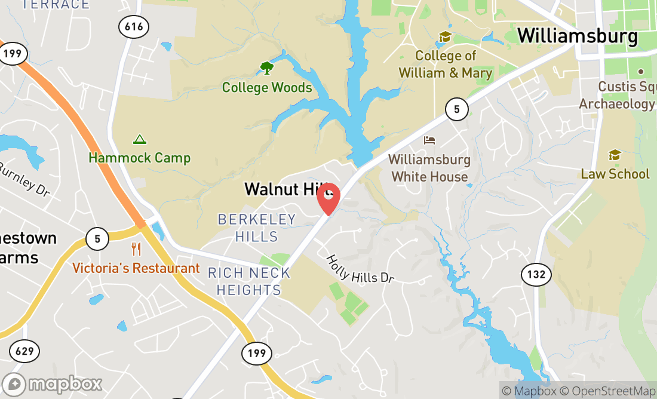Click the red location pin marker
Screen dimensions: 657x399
tap(328, 198)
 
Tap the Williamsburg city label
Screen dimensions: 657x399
tap(577, 36)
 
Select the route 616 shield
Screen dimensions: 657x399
tap(134, 26)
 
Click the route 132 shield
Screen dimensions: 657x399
tap(536, 275)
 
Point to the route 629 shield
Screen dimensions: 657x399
tap(24, 351)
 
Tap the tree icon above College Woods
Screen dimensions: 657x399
tap(266, 67)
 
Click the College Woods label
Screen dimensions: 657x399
tap(267, 88)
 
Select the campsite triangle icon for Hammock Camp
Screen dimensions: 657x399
tap(140, 140)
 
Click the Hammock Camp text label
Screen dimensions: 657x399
tap(140, 158)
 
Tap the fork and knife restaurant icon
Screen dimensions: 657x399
tap(137, 249)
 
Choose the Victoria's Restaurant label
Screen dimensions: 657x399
tap(136, 268)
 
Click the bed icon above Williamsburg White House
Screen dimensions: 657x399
tap(429, 141)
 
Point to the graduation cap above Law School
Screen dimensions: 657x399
tap(615, 155)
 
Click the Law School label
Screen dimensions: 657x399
tap(615, 174)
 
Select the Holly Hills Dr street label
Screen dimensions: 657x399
tap(360, 269)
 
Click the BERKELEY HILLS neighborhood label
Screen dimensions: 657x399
tap(257, 228)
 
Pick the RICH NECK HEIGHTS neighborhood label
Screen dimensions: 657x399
tap(248, 281)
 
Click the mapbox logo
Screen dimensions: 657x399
tap(52, 383)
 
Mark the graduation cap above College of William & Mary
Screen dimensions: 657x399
tap(444, 37)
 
